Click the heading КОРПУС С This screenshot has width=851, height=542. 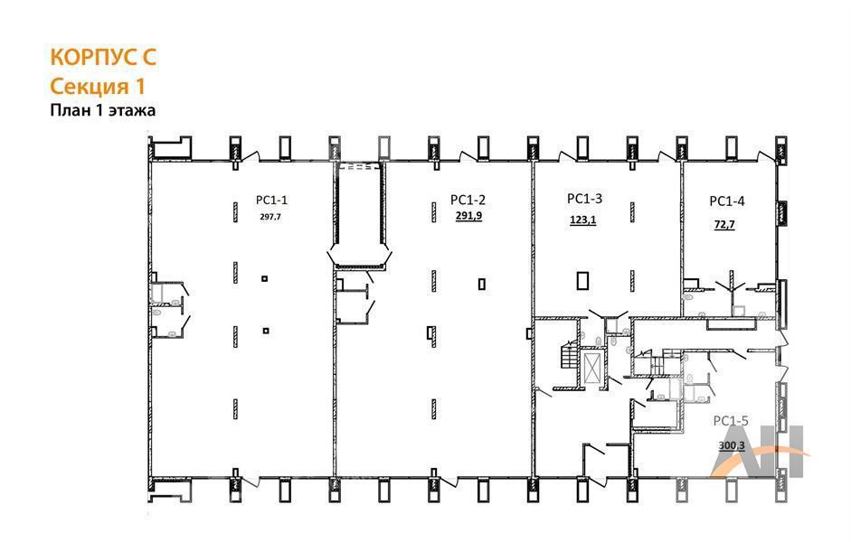(103, 58)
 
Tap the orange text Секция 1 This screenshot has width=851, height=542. (98, 86)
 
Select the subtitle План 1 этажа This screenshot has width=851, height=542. (102, 110)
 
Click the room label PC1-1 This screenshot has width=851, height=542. (271, 201)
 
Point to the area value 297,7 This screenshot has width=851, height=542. (270, 217)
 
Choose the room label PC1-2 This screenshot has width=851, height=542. (468, 200)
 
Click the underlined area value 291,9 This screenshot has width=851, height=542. (468, 216)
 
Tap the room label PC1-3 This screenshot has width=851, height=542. (584, 199)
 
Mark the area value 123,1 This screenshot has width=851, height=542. (583, 220)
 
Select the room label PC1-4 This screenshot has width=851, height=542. (727, 201)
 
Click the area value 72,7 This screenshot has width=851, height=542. (724, 224)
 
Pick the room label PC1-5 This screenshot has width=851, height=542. (731, 421)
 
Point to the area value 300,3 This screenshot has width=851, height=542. (732, 445)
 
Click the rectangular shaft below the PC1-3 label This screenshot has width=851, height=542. (583, 281)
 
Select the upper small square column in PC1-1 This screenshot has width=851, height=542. (265, 278)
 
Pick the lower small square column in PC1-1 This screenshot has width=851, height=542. (265, 331)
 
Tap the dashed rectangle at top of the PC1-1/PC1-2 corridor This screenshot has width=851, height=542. (358, 166)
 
